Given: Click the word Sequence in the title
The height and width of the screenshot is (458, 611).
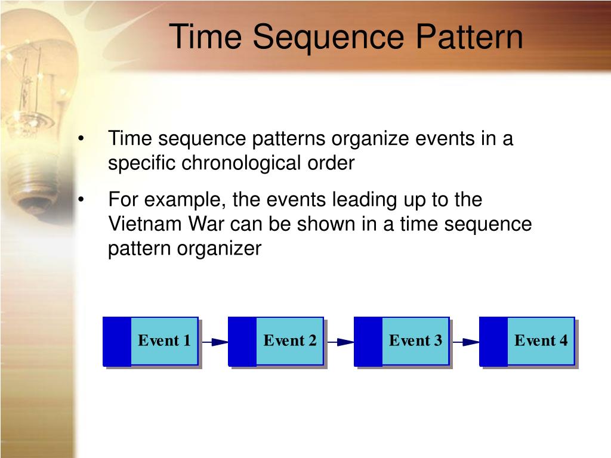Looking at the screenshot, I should (x=329, y=37).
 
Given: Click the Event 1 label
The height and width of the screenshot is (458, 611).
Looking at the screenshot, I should (x=164, y=341).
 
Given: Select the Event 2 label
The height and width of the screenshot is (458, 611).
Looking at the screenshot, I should (x=290, y=341).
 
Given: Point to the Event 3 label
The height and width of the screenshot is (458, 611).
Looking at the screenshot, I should (x=415, y=341).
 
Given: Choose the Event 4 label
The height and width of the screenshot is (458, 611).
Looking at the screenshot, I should (x=541, y=341).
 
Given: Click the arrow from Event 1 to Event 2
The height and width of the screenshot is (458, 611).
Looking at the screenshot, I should (x=214, y=342).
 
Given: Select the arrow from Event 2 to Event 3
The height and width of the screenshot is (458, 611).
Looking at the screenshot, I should (x=340, y=342).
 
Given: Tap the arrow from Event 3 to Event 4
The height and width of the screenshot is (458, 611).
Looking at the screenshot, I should (x=465, y=342).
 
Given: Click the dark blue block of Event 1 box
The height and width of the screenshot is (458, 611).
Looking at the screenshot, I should (x=117, y=341).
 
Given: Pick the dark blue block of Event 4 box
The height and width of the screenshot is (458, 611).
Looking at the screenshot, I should (x=493, y=341).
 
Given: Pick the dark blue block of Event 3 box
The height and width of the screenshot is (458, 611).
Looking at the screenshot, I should (x=368, y=341).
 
